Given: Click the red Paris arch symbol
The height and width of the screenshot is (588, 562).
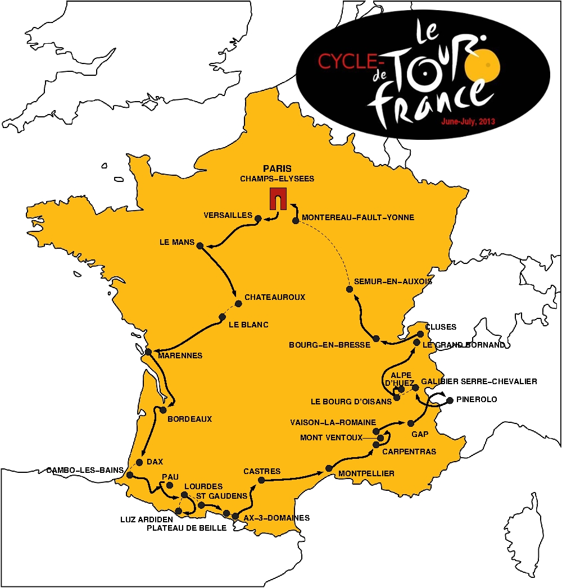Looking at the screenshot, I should (x=277, y=199).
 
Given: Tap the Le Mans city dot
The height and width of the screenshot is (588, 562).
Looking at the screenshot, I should (x=200, y=244).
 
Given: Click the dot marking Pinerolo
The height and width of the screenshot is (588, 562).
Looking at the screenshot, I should (x=450, y=400).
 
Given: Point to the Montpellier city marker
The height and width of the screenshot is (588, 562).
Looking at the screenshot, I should (x=328, y=469).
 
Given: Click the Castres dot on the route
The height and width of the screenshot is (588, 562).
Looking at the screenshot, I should (x=261, y=480).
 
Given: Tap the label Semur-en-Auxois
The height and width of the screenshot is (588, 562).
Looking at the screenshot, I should (x=393, y=281).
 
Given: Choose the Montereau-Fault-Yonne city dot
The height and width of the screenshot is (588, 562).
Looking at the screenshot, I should (x=295, y=221).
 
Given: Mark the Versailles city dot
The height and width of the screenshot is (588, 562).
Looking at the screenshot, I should (x=259, y=218).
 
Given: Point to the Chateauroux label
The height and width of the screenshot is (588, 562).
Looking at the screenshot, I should (x=275, y=297).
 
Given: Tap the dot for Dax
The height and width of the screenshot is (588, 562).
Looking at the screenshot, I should (x=139, y=462).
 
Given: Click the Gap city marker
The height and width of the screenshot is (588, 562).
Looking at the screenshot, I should (x=411, y=423).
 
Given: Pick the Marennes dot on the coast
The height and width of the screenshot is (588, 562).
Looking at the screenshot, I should (x=148, y=352).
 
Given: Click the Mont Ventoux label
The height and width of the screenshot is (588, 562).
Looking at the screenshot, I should (x=331, y=437).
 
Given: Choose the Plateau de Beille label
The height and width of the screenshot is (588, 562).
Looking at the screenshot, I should (x=187, y=528).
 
